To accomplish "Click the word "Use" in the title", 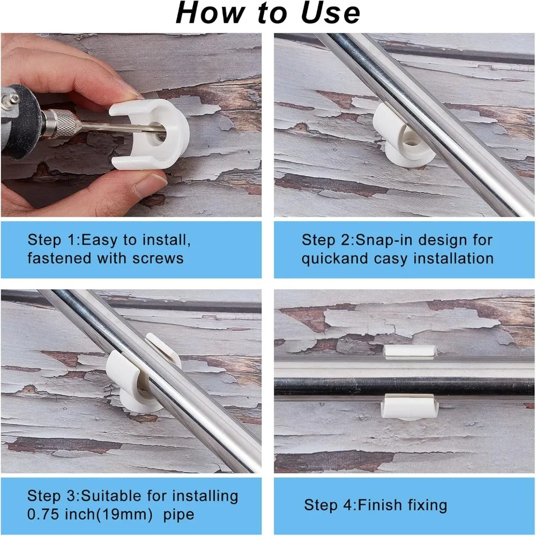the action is coord(331,13).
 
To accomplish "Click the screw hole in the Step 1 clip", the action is coord(158,134).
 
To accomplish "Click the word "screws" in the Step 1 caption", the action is coord(158,258).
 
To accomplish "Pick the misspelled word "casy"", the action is coord(390,259).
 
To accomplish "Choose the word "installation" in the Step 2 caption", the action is coord(453,258).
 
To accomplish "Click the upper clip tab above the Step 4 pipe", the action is coord(410,352).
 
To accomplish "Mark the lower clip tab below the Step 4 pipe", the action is coord(409,407).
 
